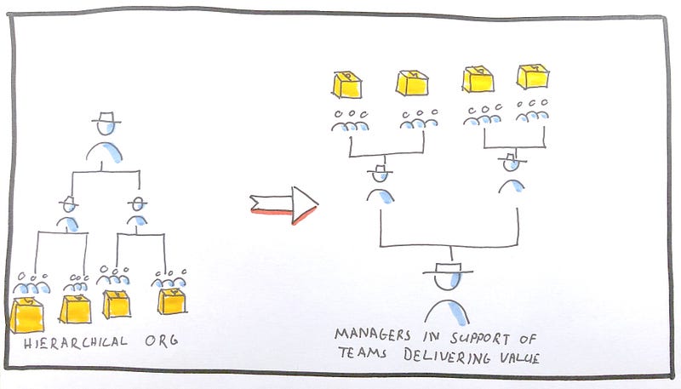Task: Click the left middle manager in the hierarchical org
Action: [x=69, y=215]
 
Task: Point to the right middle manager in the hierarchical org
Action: [x=137, y=214]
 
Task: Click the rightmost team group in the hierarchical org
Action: [x=170, y=278]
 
